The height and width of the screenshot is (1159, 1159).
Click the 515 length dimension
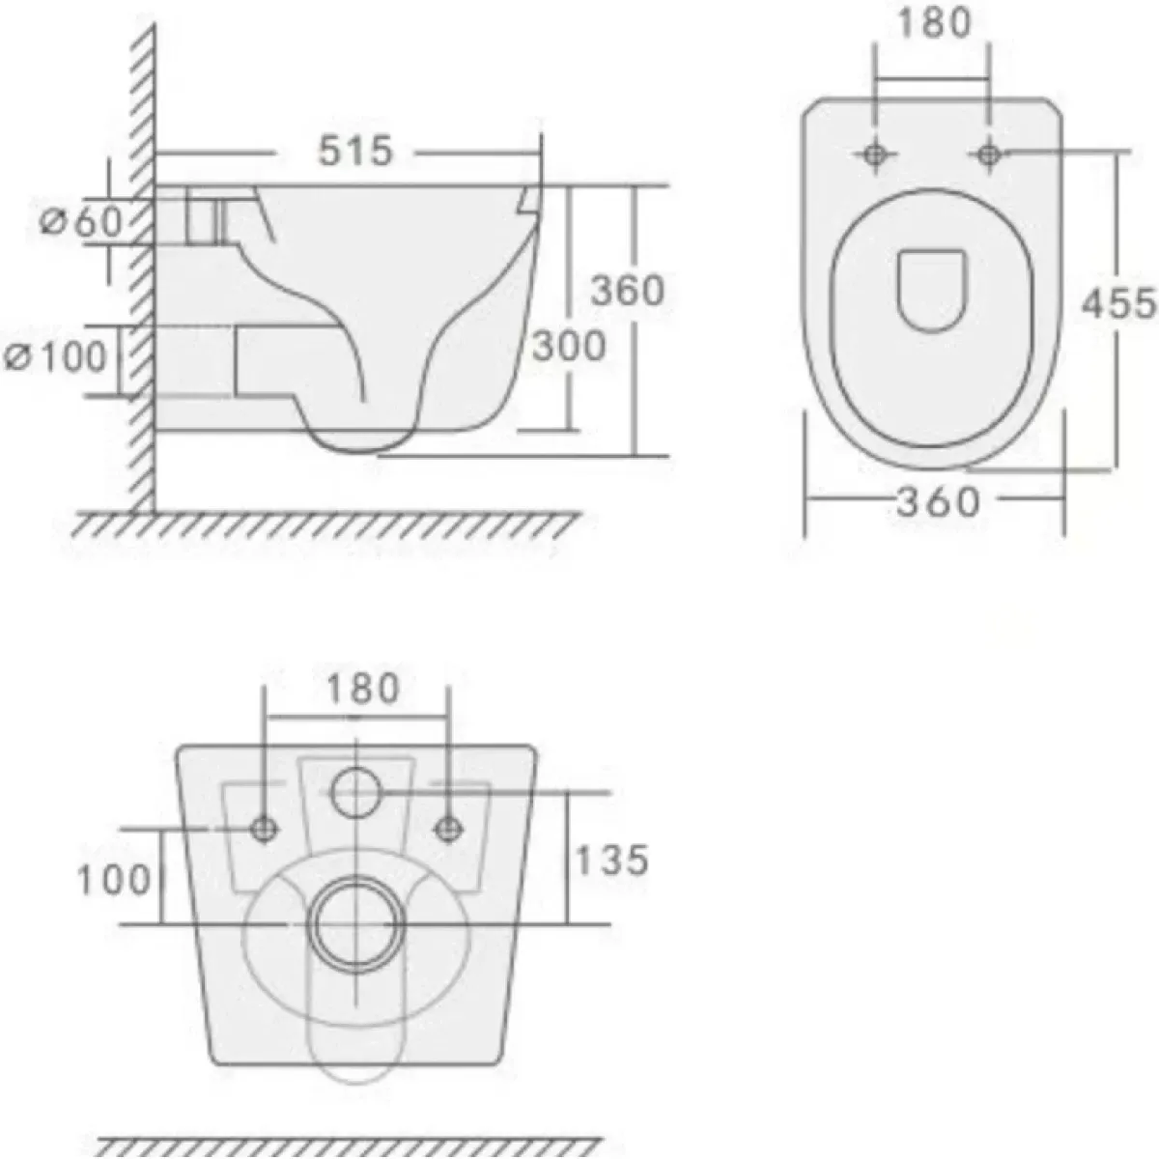[x=355, y=151]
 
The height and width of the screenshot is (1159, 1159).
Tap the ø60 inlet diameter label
[x=80, y=221]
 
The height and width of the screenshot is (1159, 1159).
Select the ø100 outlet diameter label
[x=55, y=357]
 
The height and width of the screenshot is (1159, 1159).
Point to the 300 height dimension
[x=569, y=346]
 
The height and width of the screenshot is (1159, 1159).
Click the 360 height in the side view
[x=628, y=291]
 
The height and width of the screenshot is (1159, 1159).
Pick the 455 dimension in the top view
[x=1118, y=302]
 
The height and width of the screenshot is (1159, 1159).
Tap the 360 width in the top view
[x=938, y=501]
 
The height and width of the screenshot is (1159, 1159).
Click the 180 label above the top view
[x=934, y=23]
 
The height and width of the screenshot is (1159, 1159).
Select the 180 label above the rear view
[x=363, y=689]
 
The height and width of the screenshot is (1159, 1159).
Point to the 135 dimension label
[x=612, y=860]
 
